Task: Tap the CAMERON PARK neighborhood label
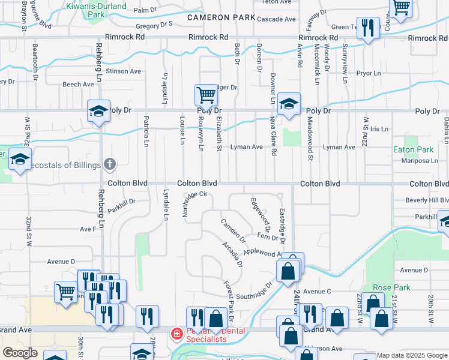click(221, 18)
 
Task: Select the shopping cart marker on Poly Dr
click(206, 95)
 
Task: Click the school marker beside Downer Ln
click(289, 103)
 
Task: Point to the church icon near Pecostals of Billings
click(109, 164)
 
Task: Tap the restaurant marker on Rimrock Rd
click(368, 28)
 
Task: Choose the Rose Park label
click(391, 287)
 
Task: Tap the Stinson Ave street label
click(123, 71)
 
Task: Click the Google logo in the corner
click(20, 353)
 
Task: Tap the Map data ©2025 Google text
click(412, 355)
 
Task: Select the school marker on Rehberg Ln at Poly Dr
click(98, 112)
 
